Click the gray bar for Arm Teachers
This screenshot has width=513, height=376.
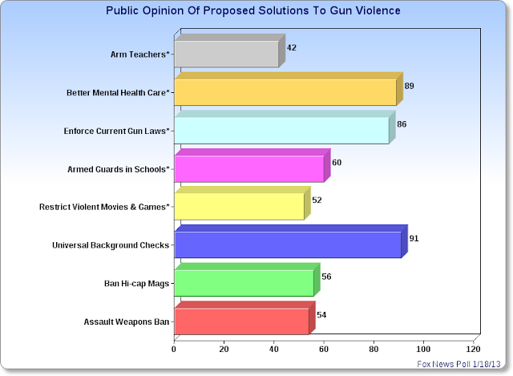point(226,55)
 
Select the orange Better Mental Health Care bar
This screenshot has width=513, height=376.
point(285,92)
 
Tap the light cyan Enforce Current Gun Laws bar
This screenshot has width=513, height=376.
point(281,131)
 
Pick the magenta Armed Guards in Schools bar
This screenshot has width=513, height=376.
point(248,168)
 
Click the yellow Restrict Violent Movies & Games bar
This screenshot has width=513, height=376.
point(239,207)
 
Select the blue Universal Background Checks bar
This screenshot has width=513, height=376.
point(287,245)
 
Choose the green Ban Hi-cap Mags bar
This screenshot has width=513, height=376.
point(244,283)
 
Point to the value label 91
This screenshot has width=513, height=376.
point(414,239)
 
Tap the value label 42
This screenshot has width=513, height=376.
point(292,48)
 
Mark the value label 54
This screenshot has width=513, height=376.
point(321,315)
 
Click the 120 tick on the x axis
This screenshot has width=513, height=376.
point(473,349)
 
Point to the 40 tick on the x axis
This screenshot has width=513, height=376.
point(274,349)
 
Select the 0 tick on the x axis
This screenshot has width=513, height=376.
point(175,349)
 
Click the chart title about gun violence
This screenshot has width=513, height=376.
point(253,12)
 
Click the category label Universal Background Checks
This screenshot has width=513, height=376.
point(113,245)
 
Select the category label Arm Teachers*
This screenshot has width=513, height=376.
point(139,55)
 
